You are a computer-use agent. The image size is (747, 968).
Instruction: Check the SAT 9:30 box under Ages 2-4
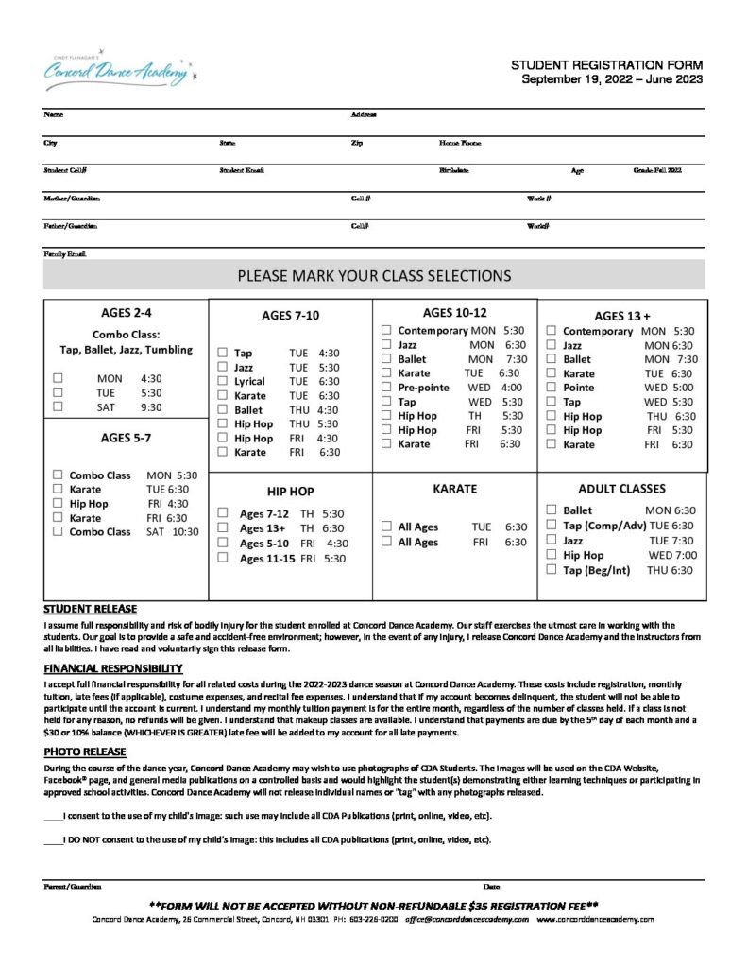click(59, 406)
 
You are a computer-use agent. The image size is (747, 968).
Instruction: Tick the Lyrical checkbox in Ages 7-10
click(222, 381)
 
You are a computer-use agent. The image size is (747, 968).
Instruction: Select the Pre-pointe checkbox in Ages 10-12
click(386, 388)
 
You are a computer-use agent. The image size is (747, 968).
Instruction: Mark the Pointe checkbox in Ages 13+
click(551, 388)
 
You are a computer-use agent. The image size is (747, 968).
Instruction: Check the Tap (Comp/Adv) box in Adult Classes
click(551, 525)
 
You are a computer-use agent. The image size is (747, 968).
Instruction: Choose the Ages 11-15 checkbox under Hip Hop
click(222, 558)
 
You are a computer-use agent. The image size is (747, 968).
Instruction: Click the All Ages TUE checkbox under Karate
click(386, 527)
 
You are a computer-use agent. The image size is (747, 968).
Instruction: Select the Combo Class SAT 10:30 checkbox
click(59, 531)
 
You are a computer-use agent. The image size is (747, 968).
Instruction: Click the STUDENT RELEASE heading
click(91, 608)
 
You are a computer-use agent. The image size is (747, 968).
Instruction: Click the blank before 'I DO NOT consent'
click(53, 839)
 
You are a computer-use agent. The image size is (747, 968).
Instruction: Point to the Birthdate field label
click(453, 171)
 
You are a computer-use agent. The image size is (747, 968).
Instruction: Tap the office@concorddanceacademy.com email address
click(467, 919)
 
